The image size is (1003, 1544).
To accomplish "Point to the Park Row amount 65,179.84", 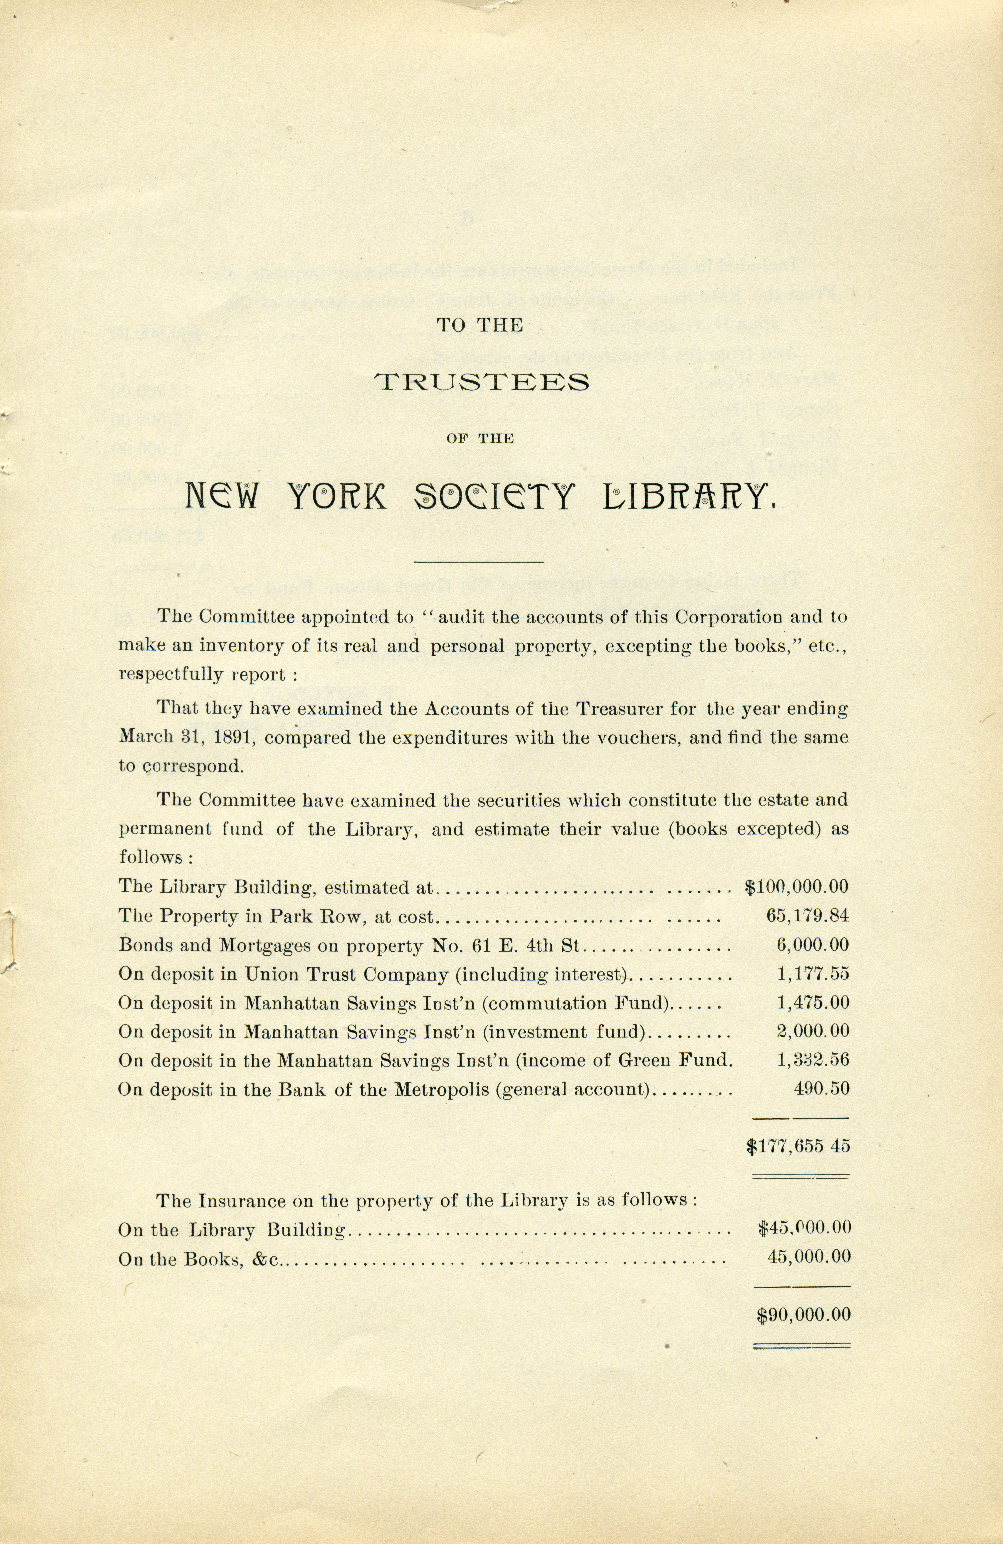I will pyautogui.click(x=807, y=916).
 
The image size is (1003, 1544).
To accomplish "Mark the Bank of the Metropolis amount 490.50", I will pyautogui.click(x=821, y=1089).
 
